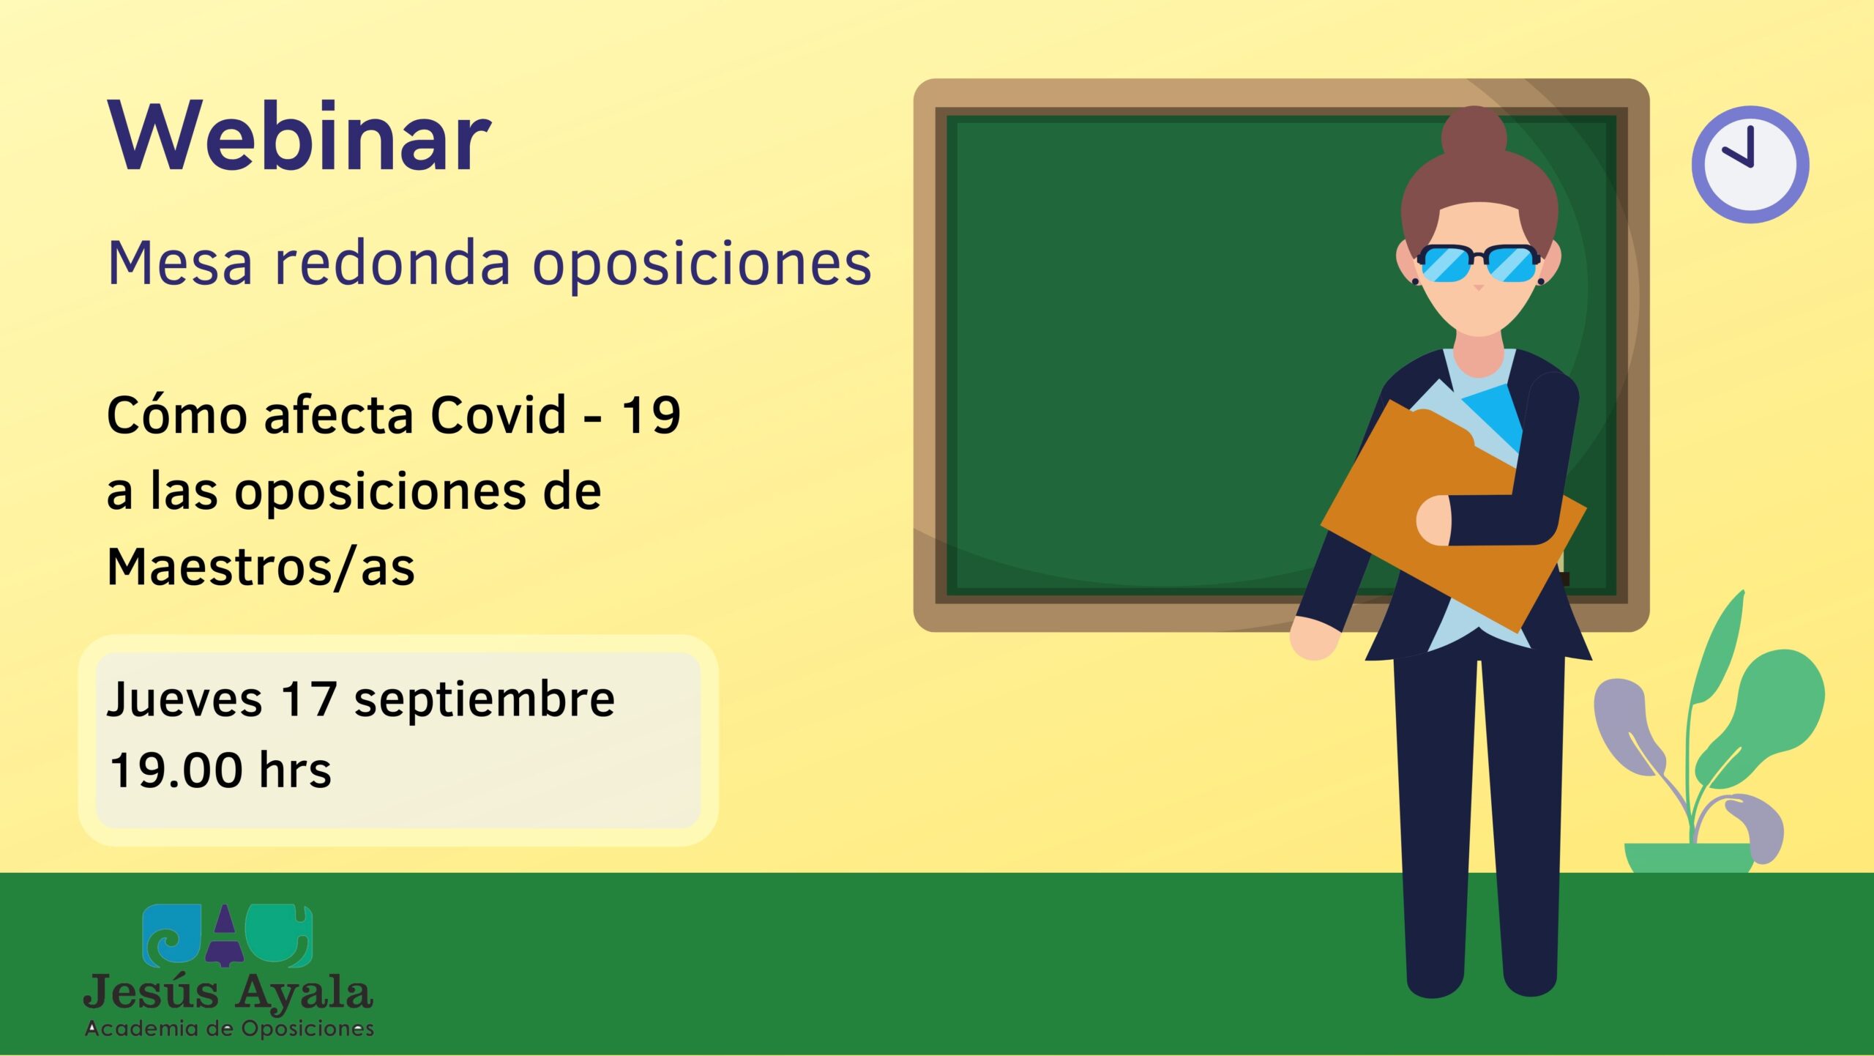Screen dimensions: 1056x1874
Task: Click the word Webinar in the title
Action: pyautogui.click(x=299, y=138)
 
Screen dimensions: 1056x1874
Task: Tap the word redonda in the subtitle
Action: pyautogui.click(x=392, y=263)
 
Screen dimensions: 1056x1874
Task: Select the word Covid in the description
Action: pyautogui.click(x=498, y=415)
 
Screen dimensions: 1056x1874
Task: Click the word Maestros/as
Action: pyautogui.click(x=261, y=568)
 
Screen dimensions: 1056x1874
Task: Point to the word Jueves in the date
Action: pyautogui.click(x=184, y=699)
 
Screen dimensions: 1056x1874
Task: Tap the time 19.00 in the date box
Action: pyautogui.click(x=176, y=770)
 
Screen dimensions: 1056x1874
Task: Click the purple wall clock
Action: pyautogui.click(x=1750, y=164)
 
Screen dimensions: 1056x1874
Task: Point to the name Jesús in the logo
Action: pyautogui.click(x=152, y=993)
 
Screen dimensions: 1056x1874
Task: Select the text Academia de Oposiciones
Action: pyautogui.click(x=230, y=1029)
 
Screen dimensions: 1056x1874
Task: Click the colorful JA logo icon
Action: pyautogui.click(x=227, y=935)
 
